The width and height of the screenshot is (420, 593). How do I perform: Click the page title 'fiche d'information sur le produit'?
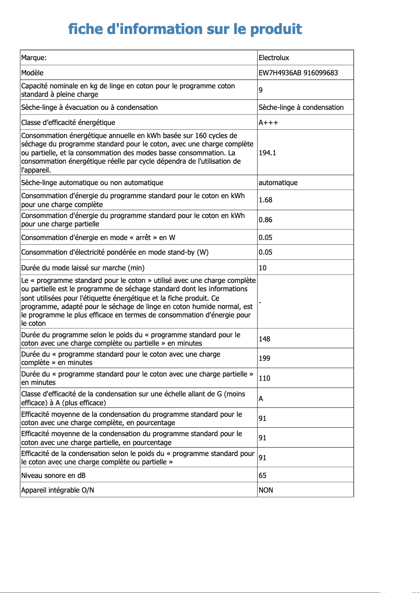coord(185,29)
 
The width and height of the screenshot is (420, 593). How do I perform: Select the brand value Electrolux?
coord(274,58)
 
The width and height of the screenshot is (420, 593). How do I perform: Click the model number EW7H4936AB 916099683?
coord(298,73)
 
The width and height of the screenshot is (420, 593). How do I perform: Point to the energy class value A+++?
coord(268,122)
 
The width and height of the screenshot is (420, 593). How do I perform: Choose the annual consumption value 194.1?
coord(267,153)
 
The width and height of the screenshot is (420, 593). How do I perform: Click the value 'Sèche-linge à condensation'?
coord(301,107)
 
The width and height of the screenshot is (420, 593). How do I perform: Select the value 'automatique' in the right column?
coord(278,183)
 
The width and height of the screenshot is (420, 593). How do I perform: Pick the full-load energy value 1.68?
coord(266,200)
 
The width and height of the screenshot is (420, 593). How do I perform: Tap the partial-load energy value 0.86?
coord(266,220)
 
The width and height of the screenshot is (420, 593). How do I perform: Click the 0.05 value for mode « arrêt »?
coord(266,237)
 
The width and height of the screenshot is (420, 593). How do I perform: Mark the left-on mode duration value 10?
coord(262,268)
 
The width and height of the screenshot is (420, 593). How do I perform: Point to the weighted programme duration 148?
coord(264,339)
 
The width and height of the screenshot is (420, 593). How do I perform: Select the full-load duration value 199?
coord(264,359)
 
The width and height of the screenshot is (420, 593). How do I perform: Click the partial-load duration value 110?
coord(264,378)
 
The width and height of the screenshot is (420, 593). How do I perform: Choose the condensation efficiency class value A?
coord(261,398)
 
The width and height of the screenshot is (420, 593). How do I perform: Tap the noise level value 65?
coord(262,475)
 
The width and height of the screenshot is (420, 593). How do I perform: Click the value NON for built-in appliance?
coord(266,490)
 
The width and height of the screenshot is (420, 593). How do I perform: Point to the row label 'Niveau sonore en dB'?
coord(53,475)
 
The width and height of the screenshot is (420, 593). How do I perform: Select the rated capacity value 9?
coord(261,90)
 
